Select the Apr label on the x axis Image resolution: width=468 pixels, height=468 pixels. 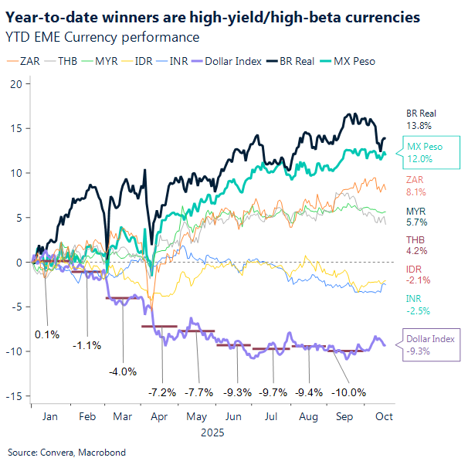point(158,416)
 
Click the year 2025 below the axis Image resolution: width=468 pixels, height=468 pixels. point(212,432)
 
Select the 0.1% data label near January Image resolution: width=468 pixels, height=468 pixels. point(46,334)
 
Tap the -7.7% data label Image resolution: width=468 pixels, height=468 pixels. point(199,392)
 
